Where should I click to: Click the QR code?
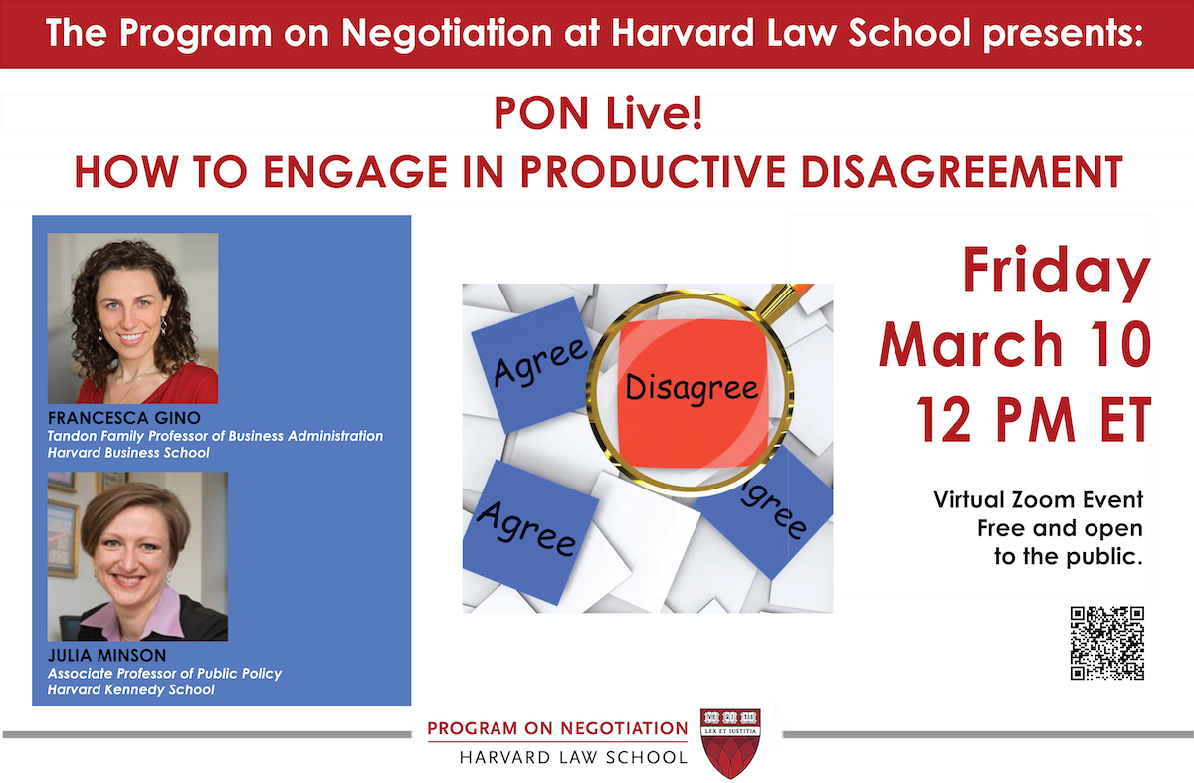pyautogui.click(x=1106, y=643)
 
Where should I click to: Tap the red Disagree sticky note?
pyautogui.click(x=693, y=387)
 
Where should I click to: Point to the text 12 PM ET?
pyautogui.click(x=1034, y=422)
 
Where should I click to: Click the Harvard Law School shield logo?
pyautogui.click(x=731, y=741)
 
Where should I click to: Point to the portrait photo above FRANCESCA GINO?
pyautogui.click(x=132, y=318)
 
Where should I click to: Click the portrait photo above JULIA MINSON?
pyautogui.click(x=137, y=556)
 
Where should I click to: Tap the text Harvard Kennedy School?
pyautogui.click(x=130, y=690)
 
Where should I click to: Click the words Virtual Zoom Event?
pyautogui.click(x=1038, y=500)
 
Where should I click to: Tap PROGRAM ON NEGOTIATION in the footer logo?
pyautogui.click(x=557, y=728)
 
